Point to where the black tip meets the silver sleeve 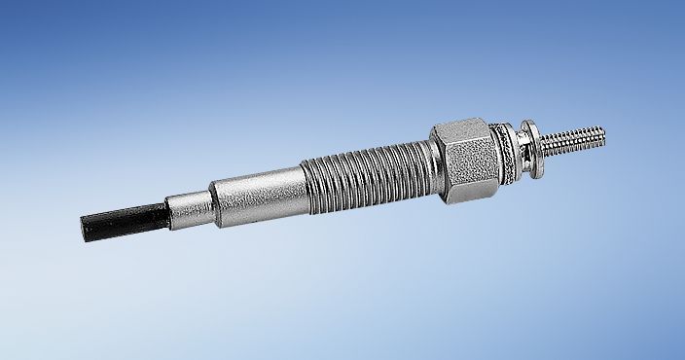[x=165, y=209]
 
